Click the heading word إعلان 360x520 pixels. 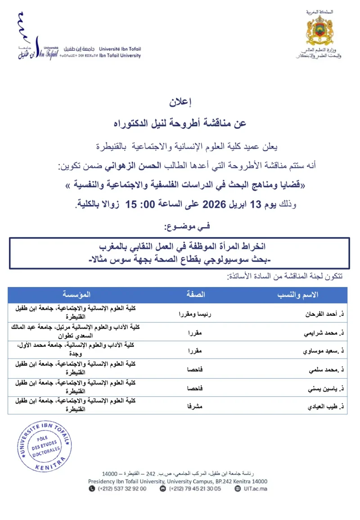click(x=180, y=103)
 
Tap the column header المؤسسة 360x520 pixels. click(x=76, y=294)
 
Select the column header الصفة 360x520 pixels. click(x=196, y=294)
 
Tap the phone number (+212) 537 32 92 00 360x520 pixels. click(x=121, y=489)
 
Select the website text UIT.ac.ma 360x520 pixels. click(x=254, y=489)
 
